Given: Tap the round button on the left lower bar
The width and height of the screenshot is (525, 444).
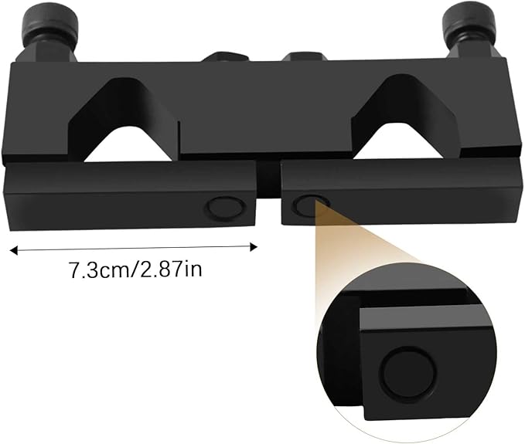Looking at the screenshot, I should point(225,206).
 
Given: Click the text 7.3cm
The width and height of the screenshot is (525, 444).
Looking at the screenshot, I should point(95,271).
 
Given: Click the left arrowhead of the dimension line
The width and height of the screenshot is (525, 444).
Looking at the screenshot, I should point(13,249).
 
